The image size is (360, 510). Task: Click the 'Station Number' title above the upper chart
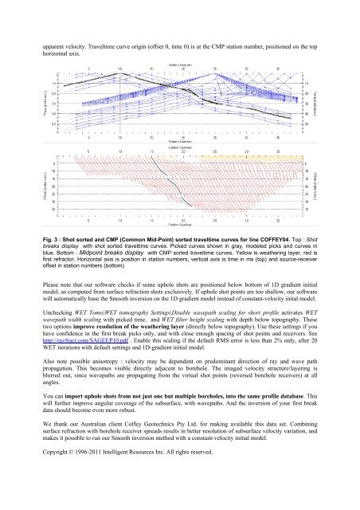(x=178, y=62)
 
